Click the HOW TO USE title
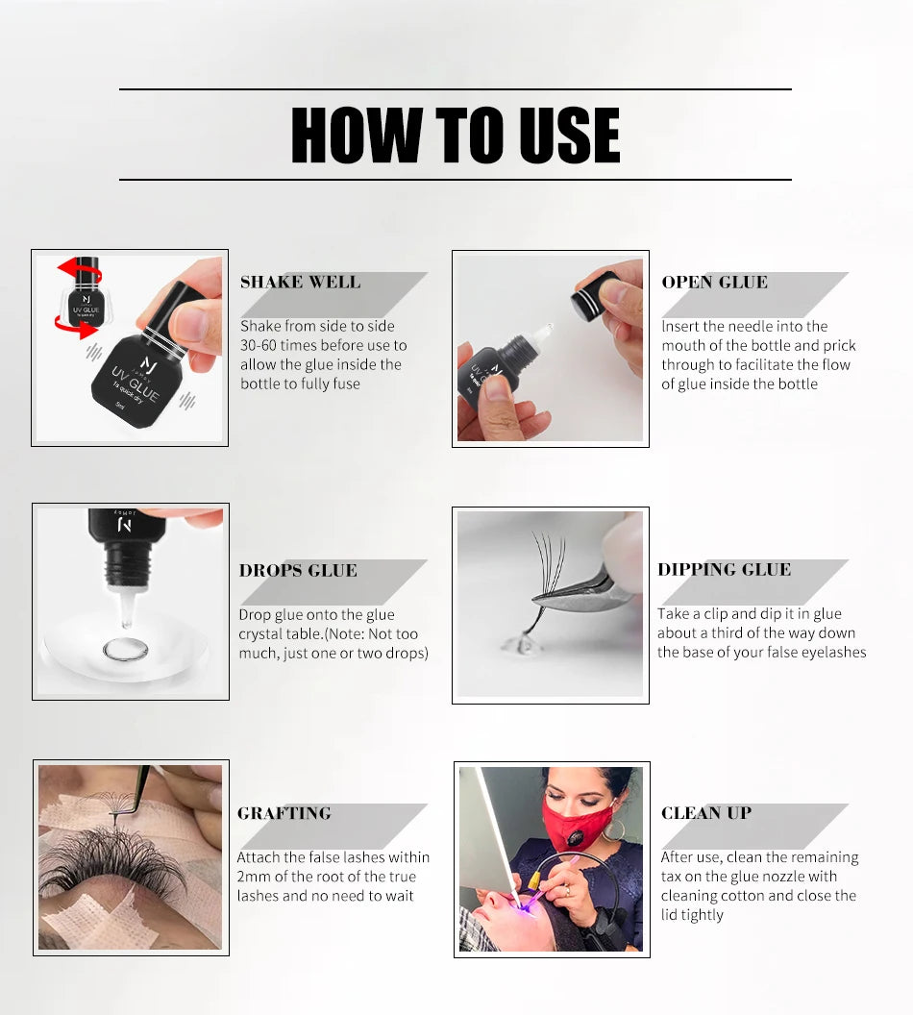tap(455, 135)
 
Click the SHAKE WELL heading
tap(300, 283)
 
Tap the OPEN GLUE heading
tap(714, 283)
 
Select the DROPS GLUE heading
tap(298, 571)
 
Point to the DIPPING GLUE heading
tap(724, 570)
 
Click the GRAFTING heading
tap(284, 813)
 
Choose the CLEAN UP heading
tap(705, 813)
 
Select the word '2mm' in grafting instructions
tap(256, 877)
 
